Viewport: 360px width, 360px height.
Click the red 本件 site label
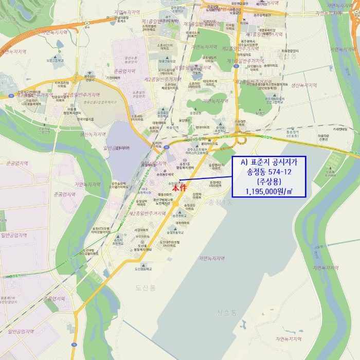point(179,188)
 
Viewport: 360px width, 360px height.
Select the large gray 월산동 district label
point(284,52)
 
